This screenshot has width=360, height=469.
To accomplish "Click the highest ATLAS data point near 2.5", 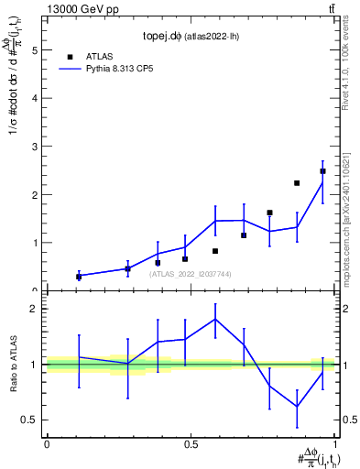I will pos(322,171).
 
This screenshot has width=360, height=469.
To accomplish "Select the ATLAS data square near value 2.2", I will pos(297,183).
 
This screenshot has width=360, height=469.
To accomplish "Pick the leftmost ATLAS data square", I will pos(79,276).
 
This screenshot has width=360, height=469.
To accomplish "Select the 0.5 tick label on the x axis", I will pos(190,444).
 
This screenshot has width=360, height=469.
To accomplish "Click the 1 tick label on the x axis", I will pos(334,444).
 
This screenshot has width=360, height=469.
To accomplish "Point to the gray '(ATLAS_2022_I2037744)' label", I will pos(190,273).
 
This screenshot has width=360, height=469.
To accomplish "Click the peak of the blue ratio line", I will pos(215,319).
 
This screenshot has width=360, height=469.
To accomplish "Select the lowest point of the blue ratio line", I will pos(297,407).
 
